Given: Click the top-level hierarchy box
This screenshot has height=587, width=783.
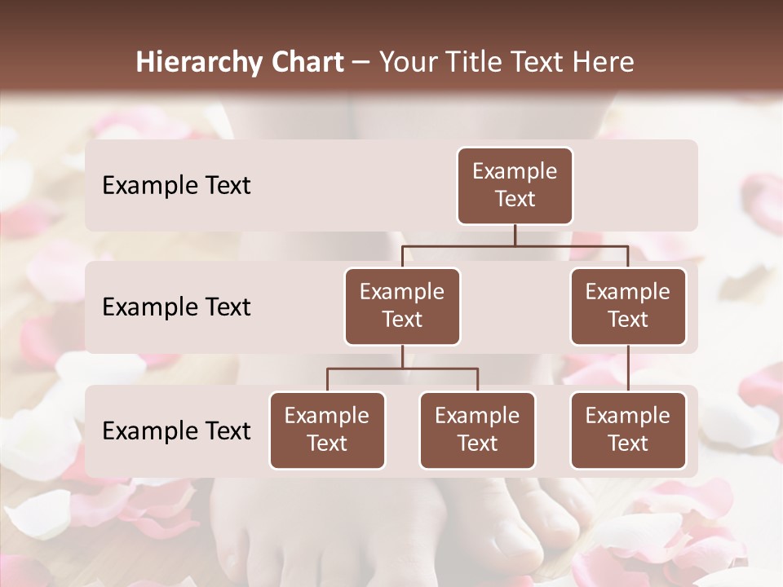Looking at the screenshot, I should point(515,185).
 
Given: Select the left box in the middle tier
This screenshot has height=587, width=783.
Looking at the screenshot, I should point(402,306).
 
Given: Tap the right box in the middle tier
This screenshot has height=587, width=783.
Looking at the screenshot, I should point(628,306).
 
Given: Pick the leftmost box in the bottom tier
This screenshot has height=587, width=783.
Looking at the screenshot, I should point(327,430).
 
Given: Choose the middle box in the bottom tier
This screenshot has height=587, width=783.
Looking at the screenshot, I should point(477,430).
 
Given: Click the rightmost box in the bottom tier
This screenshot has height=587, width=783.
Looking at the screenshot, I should point(628,430).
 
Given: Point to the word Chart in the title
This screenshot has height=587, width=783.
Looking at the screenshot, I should point(306,62).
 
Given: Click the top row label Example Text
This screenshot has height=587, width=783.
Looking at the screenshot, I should point(176,186).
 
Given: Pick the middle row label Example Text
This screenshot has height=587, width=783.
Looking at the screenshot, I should point(176,307).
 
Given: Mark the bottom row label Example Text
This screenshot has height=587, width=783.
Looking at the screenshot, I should point(176,430).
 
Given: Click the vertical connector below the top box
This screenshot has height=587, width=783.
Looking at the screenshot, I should point(515,235).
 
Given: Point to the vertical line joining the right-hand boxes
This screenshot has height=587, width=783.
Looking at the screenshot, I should point(628,368).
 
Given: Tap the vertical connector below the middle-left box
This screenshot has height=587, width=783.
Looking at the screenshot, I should point(402,356).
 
